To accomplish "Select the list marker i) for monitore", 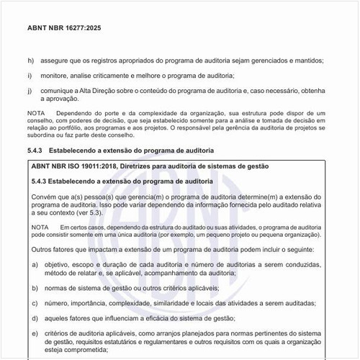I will point(30,76).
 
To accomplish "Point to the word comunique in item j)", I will point(59,91).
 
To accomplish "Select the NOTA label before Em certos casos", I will point(42,228).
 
